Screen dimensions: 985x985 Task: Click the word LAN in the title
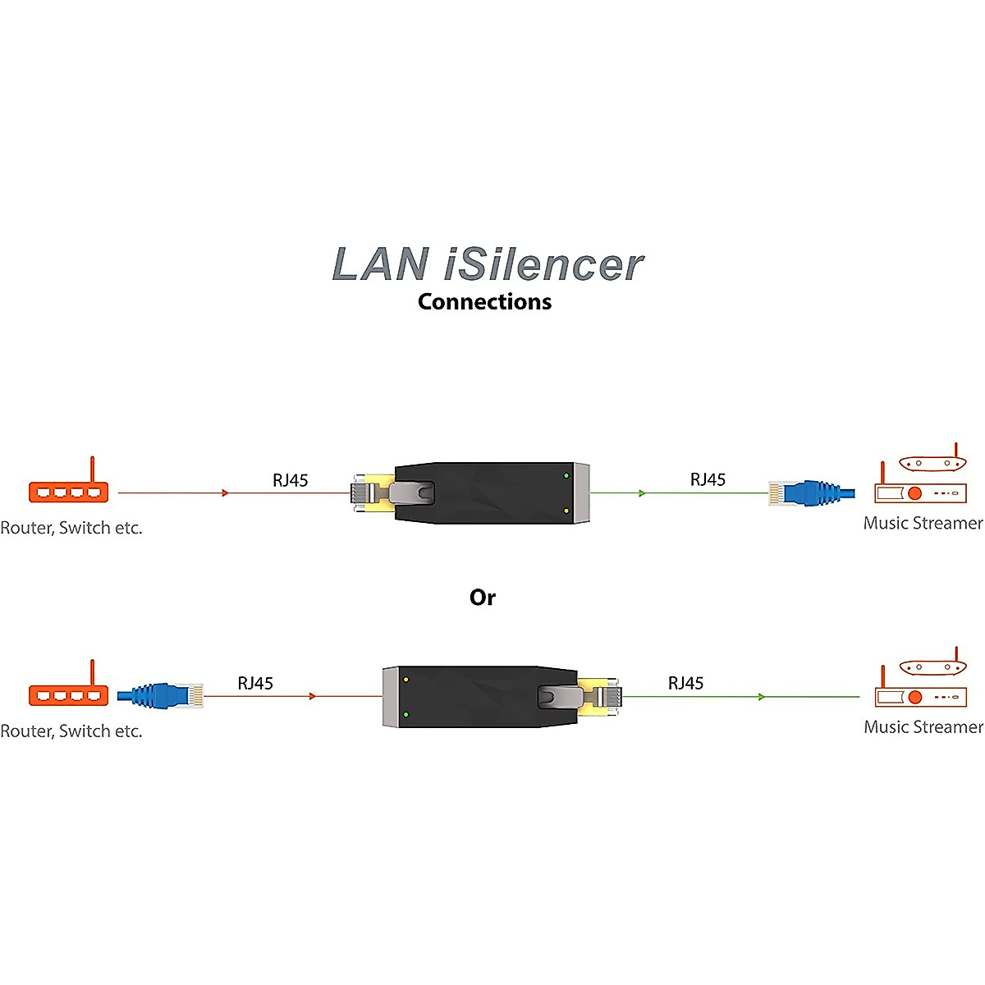380,265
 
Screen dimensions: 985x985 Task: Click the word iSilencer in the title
544,265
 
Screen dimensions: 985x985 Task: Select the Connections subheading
484,302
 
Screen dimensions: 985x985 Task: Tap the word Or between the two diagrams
483,598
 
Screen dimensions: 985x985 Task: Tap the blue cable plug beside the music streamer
811,492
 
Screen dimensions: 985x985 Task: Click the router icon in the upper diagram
69,489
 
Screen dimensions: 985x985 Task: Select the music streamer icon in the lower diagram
921,688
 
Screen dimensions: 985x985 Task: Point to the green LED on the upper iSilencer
566,476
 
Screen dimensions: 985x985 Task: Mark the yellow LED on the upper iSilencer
566,511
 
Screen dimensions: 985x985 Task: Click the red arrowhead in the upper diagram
225,492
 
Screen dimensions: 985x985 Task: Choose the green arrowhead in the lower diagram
762,697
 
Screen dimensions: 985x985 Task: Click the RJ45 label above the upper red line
291,481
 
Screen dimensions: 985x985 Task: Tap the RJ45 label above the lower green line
685,684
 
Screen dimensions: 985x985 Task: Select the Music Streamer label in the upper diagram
923,524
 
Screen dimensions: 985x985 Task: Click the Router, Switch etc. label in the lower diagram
71,731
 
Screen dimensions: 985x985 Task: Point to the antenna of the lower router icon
93,671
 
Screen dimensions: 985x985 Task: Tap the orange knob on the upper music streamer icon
914,493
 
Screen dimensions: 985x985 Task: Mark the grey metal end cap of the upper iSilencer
582,492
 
